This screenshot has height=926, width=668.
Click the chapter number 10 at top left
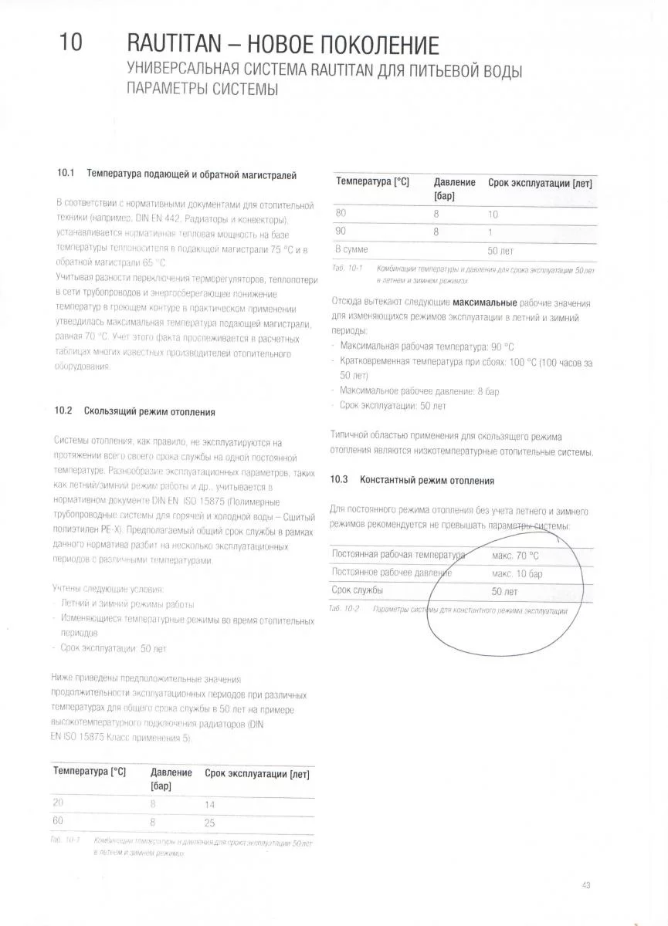coord(70,42)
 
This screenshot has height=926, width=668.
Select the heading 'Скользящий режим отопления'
coord(149,412)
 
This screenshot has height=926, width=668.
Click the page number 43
coord(587,884)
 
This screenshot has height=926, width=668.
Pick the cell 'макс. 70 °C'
coord(515,555)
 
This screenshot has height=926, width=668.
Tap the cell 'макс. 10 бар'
coord(517,573)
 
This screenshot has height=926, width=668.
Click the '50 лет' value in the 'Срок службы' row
coord(504,592)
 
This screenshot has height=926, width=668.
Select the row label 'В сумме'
coord(351,250)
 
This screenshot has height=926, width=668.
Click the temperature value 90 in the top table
coord(341,231)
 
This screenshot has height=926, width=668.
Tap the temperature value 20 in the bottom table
coord(58,803)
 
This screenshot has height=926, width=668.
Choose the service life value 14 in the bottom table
coord(210,804)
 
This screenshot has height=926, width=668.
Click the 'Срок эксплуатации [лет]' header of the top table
coord(540,183)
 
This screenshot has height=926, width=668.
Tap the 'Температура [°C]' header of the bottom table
coord(89,772)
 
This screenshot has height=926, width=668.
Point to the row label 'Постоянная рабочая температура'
coord(398,555)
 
